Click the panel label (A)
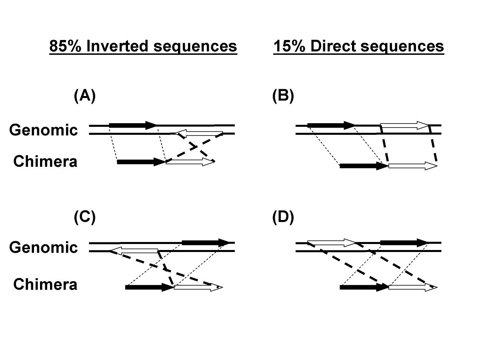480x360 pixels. tap(85, 97)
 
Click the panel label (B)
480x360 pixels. tap(283, 97)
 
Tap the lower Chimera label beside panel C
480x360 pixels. tap(45, 285)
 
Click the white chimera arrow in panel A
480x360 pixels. tap(190, 162)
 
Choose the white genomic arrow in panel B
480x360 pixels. tap(404, 125)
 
